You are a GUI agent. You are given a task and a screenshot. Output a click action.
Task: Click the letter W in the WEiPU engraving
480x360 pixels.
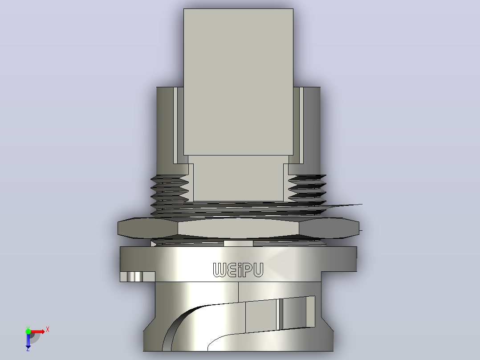220,270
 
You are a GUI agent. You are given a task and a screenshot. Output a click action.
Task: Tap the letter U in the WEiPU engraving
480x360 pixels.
258,270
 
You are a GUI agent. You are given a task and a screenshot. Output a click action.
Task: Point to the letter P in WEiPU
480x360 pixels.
247,270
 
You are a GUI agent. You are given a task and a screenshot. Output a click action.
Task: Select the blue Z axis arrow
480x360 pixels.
28,340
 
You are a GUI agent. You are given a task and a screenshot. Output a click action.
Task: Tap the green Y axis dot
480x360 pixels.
28,331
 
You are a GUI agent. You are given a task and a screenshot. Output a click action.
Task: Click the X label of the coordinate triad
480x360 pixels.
48,330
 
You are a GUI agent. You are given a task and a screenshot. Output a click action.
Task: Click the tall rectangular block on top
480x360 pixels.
238,82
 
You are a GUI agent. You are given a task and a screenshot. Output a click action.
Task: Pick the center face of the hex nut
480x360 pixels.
238,228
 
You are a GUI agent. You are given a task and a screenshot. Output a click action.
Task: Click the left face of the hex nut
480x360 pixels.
147,228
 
